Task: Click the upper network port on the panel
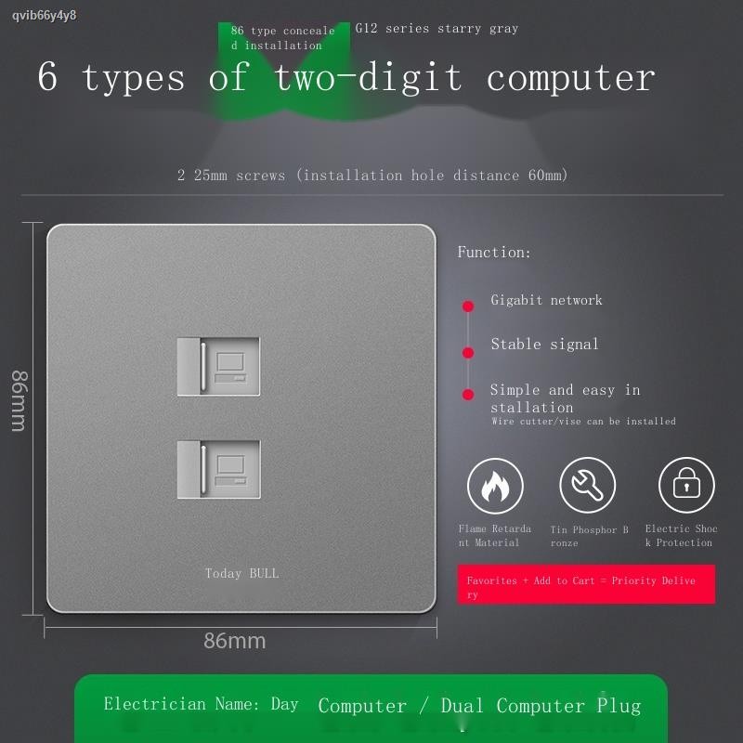point(218,366)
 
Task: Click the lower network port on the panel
point(218,469)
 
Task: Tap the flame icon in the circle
point(495,486)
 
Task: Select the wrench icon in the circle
point(588,485)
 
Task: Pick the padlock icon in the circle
point(686,485)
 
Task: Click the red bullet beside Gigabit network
point(468,306)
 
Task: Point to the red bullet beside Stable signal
point(468,352)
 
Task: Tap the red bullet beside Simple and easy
point(468,394)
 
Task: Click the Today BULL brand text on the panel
point(241,573)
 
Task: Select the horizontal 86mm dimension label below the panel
point(235,641)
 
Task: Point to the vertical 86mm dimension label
point(20,401)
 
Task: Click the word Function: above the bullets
point(494,252)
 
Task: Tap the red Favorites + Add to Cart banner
point(586,584)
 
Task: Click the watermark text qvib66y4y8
point(44,16)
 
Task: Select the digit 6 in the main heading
point(47,76)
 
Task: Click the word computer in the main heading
point(571,78)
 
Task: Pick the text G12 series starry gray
point(437,29)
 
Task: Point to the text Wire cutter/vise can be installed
point(583,422)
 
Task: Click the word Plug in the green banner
point(619,706)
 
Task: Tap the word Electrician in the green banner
point(155,704)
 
